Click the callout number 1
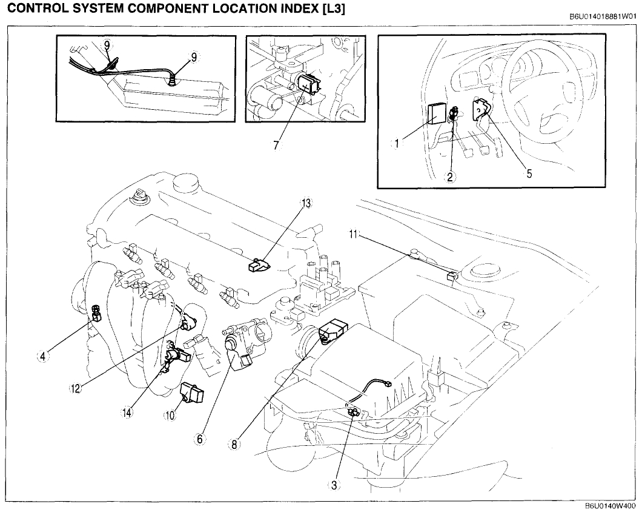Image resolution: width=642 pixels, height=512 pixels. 397,144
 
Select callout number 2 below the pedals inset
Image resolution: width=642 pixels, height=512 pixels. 450,177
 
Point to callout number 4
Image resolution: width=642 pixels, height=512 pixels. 42,357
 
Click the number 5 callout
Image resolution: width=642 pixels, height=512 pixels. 529,174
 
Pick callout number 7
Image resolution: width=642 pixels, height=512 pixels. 277,146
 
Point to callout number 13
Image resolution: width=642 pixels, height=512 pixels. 306,204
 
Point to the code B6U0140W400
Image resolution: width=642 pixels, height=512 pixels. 610,506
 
